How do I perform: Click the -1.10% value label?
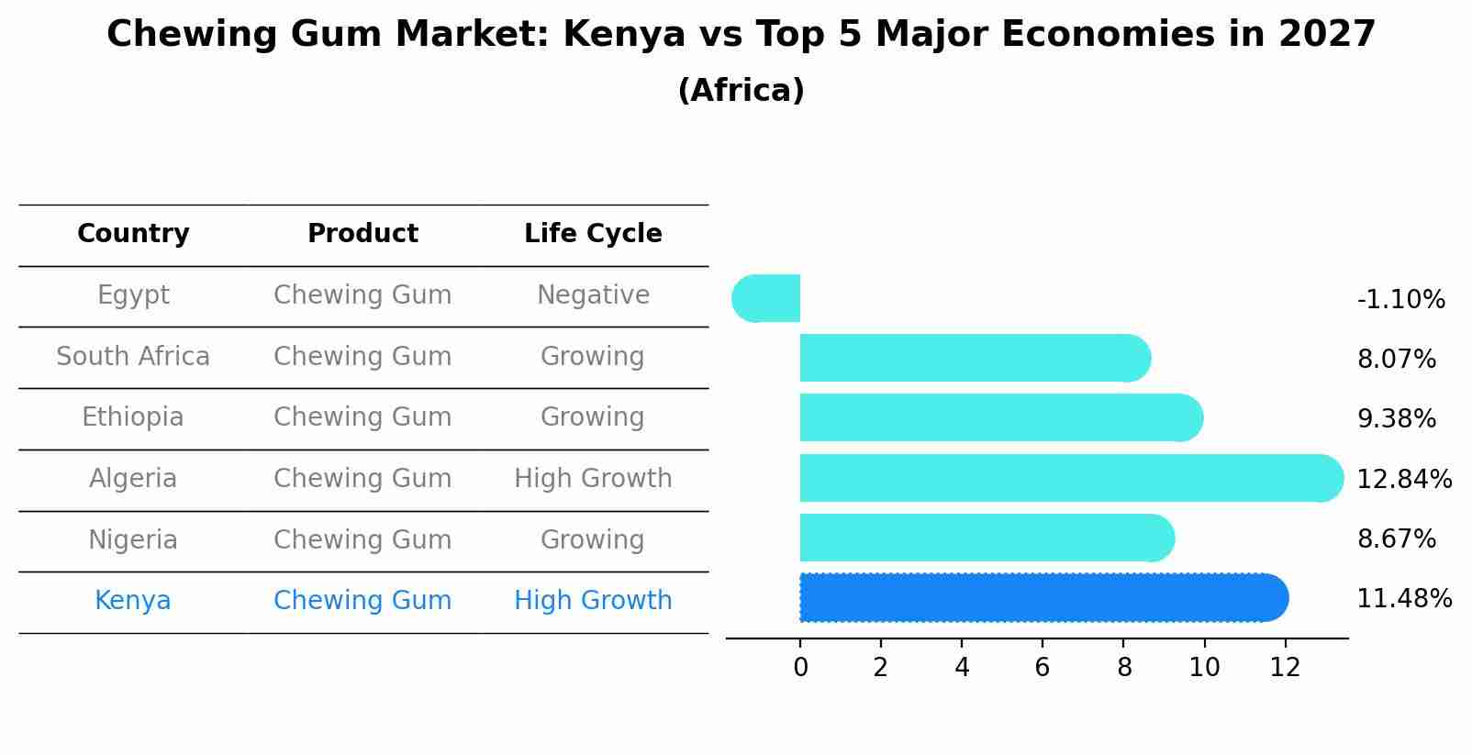click(x=1400, y=300)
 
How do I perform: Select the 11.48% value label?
click(x=1404, y=599)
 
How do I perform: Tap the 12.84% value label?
click(x=1404, y=479)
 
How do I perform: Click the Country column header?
click(x=133, y=234)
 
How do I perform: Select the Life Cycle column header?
click(x=593, y=234)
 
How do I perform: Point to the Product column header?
click(x=362, y=234)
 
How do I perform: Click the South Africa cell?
click(x=133, y=357)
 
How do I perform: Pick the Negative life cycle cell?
click(x=593, y=295)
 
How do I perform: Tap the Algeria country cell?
click(x=133, y=479)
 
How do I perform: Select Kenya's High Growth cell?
click(x=593, y=601)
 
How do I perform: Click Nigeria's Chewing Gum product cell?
click(x=362, y=540)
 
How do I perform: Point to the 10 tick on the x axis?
click(x=1204, y=668)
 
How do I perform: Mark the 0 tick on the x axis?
click(x=800, y=668)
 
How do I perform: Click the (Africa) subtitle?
click(x=741, y=91)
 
